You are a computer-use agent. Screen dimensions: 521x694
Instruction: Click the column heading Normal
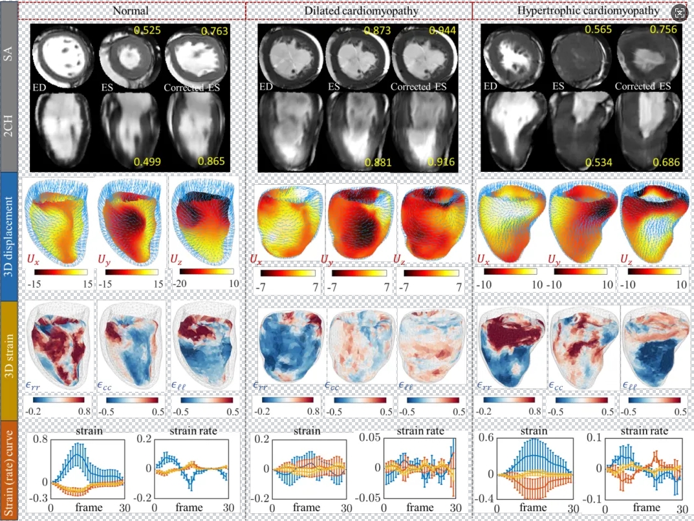coord(131,10)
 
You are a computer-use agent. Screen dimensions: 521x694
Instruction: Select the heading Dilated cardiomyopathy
coord(359,10)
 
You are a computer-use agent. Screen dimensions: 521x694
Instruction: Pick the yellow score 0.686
coord(664,162)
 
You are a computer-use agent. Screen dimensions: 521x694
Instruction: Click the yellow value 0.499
coord(146,162)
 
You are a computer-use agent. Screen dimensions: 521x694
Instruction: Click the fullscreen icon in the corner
coord(679,13)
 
